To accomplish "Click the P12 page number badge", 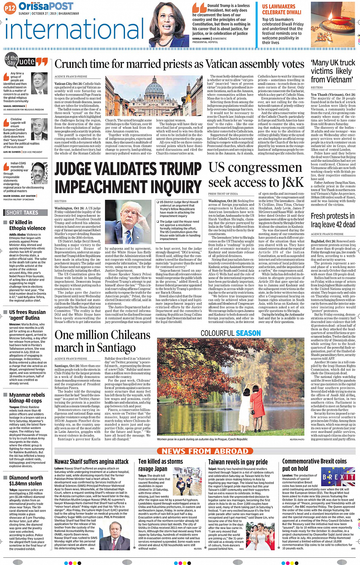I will [x=10, y=8].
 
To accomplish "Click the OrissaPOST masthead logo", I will [x=46, y=6].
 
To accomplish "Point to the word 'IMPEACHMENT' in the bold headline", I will [x=128, y=187].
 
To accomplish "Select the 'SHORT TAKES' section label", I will [x=22, y=212].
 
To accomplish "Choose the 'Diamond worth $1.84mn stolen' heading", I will [x=26, y=480].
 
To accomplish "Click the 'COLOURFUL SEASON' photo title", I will [x=231, y=333].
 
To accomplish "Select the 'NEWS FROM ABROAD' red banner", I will [x=205, y=451].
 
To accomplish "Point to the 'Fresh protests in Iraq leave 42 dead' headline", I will [x=332, y=220].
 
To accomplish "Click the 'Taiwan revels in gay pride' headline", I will [x=238, y=462].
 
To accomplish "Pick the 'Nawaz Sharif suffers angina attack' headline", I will [x=91, y=462].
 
